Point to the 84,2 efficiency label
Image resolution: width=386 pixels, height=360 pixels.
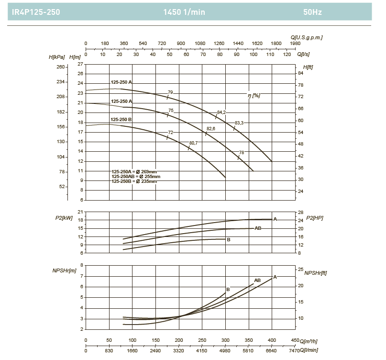[x=221, y=112]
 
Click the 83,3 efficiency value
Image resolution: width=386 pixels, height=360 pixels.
[x=239, y=123]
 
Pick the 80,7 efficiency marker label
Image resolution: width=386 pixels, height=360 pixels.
[x=193, y=143]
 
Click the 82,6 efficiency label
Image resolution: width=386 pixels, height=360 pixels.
[x=210, y=129]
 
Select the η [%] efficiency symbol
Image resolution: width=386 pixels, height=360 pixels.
[x=254, y=95]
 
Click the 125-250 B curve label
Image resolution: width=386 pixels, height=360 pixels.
[x=121, y=119]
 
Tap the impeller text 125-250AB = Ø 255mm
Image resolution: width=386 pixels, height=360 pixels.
[x=136, y=177]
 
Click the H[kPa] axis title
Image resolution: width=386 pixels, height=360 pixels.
[x=56, y=57]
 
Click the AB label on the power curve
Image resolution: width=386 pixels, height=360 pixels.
[x=258, y=228]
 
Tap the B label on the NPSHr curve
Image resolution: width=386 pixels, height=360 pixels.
[x=228, y=289]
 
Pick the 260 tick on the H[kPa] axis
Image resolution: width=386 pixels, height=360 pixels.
[x=60, y=67]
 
